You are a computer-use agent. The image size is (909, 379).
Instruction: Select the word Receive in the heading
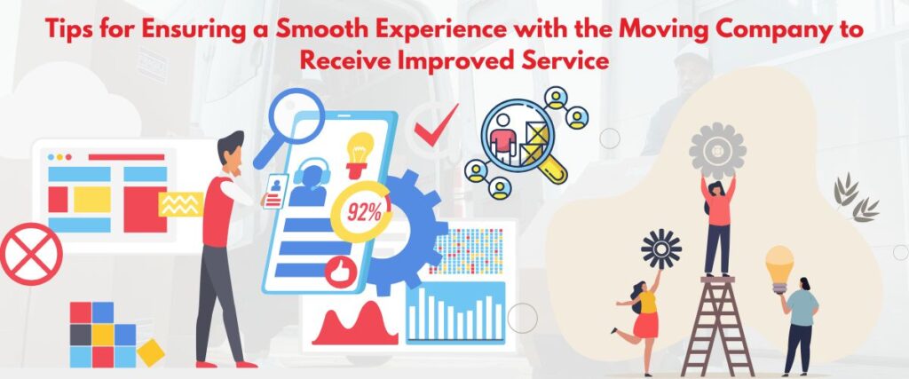click(x=340, y=61)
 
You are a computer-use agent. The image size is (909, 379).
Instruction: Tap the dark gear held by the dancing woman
click(x=661, y=249)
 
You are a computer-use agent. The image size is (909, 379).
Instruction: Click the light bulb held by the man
click(x=779, y=265)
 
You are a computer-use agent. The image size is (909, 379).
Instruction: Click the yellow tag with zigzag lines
click(x=180, y=205)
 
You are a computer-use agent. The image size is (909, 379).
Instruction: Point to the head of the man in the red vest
click(x=231, y=148)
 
